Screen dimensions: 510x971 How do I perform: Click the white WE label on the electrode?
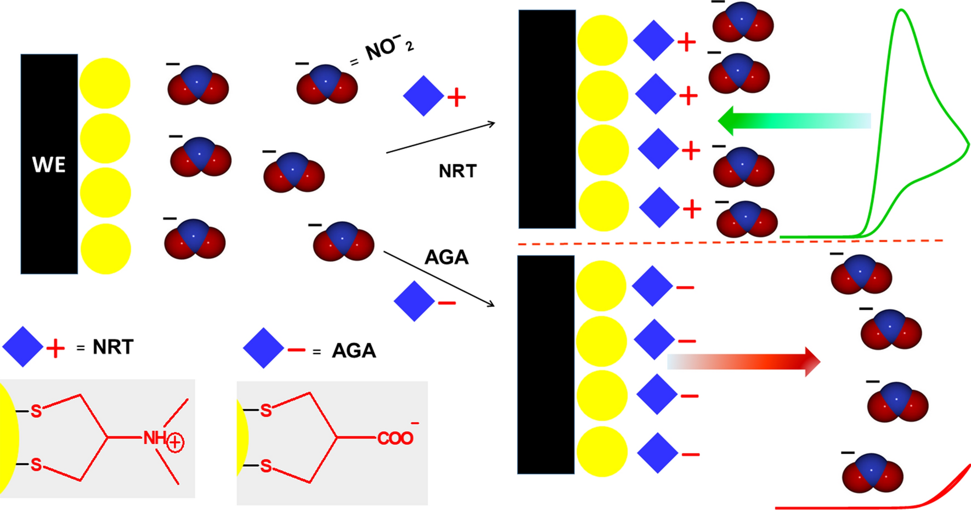[49, 164]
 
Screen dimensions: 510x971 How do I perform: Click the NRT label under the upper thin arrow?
[458, 171]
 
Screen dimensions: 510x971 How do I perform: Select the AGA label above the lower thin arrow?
[447, 257]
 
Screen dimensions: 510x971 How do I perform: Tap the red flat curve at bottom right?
[856, 507]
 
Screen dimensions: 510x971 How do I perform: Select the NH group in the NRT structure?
[155, 438]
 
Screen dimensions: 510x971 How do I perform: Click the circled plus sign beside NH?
[175, 442]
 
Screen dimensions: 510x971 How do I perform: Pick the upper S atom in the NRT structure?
[36, 411]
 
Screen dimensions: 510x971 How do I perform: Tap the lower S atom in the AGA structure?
[266, 466]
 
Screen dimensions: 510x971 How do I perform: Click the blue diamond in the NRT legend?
[22, 347]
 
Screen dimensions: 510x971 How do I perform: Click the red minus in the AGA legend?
[296, 349]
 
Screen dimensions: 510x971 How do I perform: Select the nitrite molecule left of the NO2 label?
[327, 84]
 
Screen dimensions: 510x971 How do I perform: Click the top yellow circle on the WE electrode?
[105, 83]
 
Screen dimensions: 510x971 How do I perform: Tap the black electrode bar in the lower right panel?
[546, 364]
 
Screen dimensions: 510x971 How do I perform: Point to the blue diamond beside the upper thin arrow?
[424, 96]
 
